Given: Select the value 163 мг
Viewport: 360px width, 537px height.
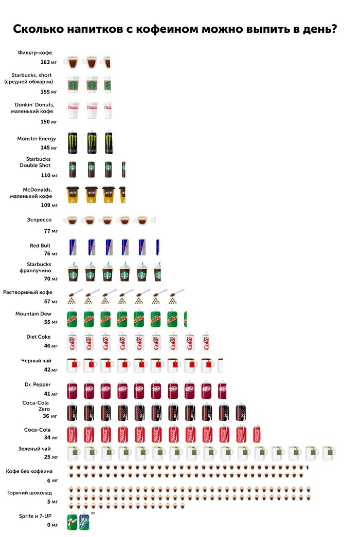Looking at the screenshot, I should pos(48,62).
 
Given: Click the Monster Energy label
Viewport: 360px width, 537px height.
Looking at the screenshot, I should pos(37,139).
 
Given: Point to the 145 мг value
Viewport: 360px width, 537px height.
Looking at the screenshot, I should pos(48,148).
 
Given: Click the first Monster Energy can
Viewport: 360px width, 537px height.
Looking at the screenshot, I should pos(75,143).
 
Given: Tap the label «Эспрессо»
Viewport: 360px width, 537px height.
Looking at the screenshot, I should pos(39,220).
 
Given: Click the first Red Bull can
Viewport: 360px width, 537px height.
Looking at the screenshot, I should pos(75,247).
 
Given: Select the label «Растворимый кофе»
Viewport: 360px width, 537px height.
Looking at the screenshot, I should pos(28,292).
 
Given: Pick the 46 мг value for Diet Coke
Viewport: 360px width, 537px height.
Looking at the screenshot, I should pos(51,346).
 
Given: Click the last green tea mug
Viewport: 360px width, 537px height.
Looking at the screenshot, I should pos(329,453).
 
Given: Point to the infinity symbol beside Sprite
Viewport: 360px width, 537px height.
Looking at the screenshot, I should pos(93,513).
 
